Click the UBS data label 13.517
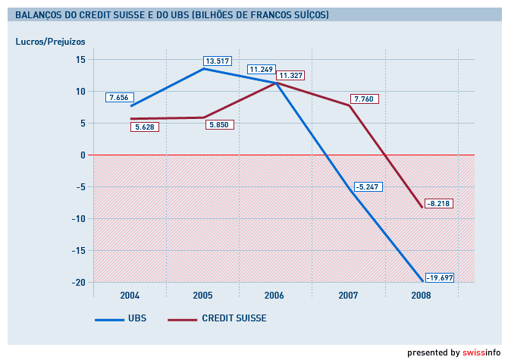(x=217, y=61)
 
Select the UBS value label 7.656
(x=121, y=97)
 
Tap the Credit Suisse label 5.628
(x=144, y=127)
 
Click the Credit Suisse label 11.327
(x=290, y=75)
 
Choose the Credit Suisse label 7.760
(x=364, y=99)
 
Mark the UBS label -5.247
(x=368, y=186)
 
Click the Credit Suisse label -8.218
(x=438, y=203)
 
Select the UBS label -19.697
(x=439, y=277)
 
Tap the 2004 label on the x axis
(x=130, y=295)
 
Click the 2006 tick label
(x=274, y=295)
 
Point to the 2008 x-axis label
(x=420, y=295)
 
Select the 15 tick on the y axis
(x=80, y=59)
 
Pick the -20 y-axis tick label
(x=77, y=282)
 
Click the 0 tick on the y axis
(x=83, y=155)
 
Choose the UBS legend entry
(x=136, y=318)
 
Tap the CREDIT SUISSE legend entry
(x=234, y=318)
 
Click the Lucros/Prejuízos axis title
(x=50, y=40)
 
